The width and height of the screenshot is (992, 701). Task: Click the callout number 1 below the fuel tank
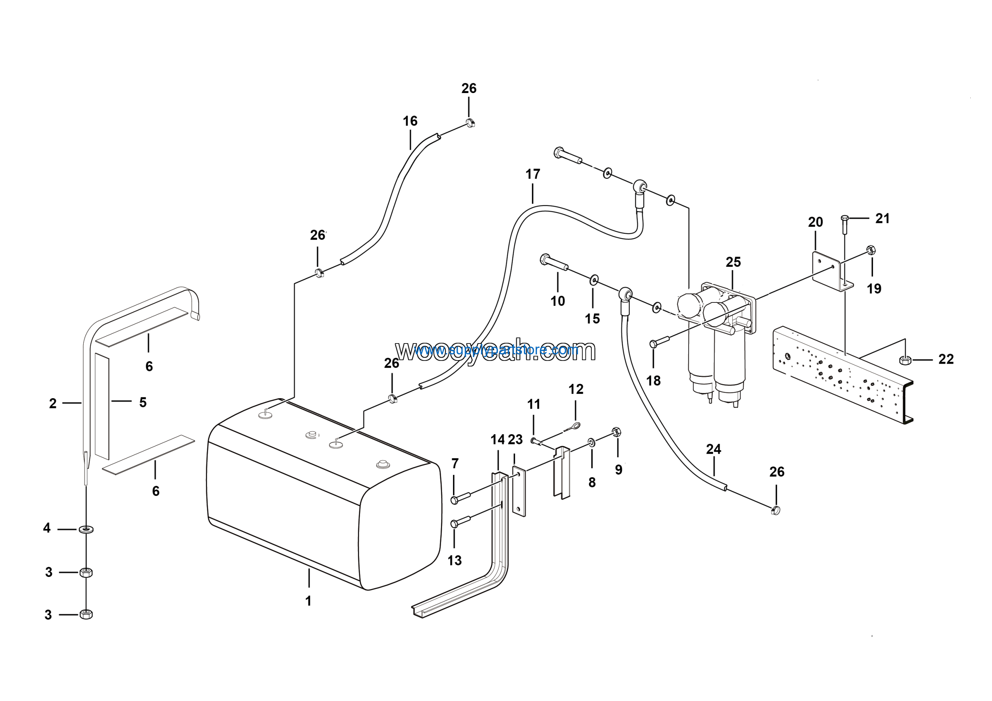(x=308, y=601)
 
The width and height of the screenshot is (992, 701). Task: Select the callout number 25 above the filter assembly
(x=733, y=262)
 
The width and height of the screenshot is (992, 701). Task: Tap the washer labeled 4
(x=86, y=529)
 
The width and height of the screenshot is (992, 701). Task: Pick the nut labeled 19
(x=871, y=250)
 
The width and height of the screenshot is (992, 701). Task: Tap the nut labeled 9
(x=617, y=432)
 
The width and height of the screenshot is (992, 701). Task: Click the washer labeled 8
(x=591, y=442)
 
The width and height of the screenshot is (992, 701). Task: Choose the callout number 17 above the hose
(x=533, y=174)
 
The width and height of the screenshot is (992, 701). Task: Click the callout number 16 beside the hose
(x=410, y=121)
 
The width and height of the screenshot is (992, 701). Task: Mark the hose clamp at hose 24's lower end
(x=775, y=510)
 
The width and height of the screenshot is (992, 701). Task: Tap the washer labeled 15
(x=594, y=280)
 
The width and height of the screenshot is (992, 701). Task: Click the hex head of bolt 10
(x=545, y=259)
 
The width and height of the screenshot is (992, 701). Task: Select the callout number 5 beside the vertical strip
(x=143, y=402)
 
